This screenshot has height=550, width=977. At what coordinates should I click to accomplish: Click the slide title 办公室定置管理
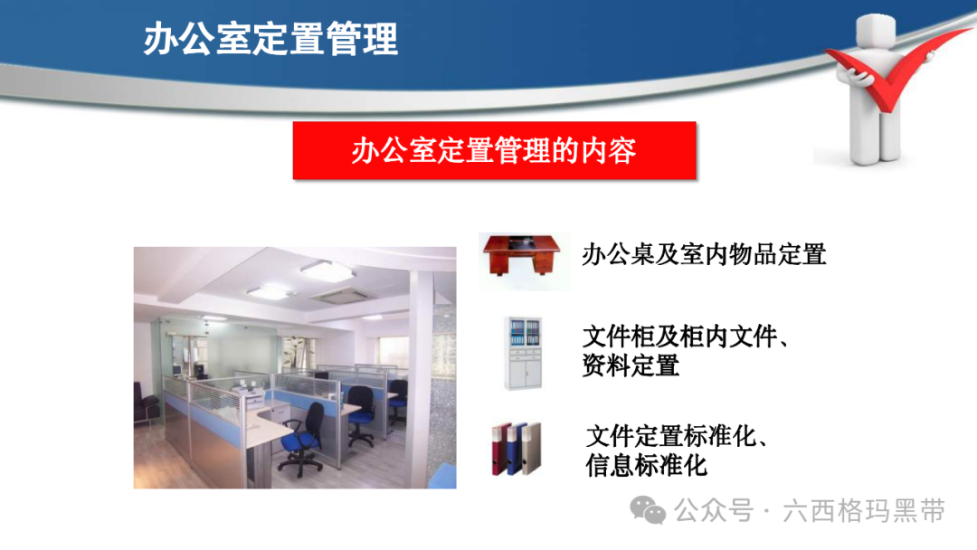270,39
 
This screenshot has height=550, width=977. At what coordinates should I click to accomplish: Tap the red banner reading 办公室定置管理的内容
494,151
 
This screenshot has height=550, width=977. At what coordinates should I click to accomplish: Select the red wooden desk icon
522,255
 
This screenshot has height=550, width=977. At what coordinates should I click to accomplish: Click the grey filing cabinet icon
523,353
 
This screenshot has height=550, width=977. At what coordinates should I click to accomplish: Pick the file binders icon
516,449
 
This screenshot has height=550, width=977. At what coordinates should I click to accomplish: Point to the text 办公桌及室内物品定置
704,255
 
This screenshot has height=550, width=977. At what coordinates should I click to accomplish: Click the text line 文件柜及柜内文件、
686,337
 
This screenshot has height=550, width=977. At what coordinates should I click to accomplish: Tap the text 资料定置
631,365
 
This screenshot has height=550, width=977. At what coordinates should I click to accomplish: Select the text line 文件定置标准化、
678,436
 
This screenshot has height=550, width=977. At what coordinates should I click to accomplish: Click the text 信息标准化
646,465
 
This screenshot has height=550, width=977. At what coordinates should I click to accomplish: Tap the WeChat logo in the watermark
648,511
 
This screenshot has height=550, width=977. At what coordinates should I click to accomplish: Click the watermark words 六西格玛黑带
864,511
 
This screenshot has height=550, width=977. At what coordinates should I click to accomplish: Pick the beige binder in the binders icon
532,449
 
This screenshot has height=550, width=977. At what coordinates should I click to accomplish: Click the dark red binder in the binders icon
501,450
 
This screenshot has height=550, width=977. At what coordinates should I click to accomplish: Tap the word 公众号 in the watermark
714,511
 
